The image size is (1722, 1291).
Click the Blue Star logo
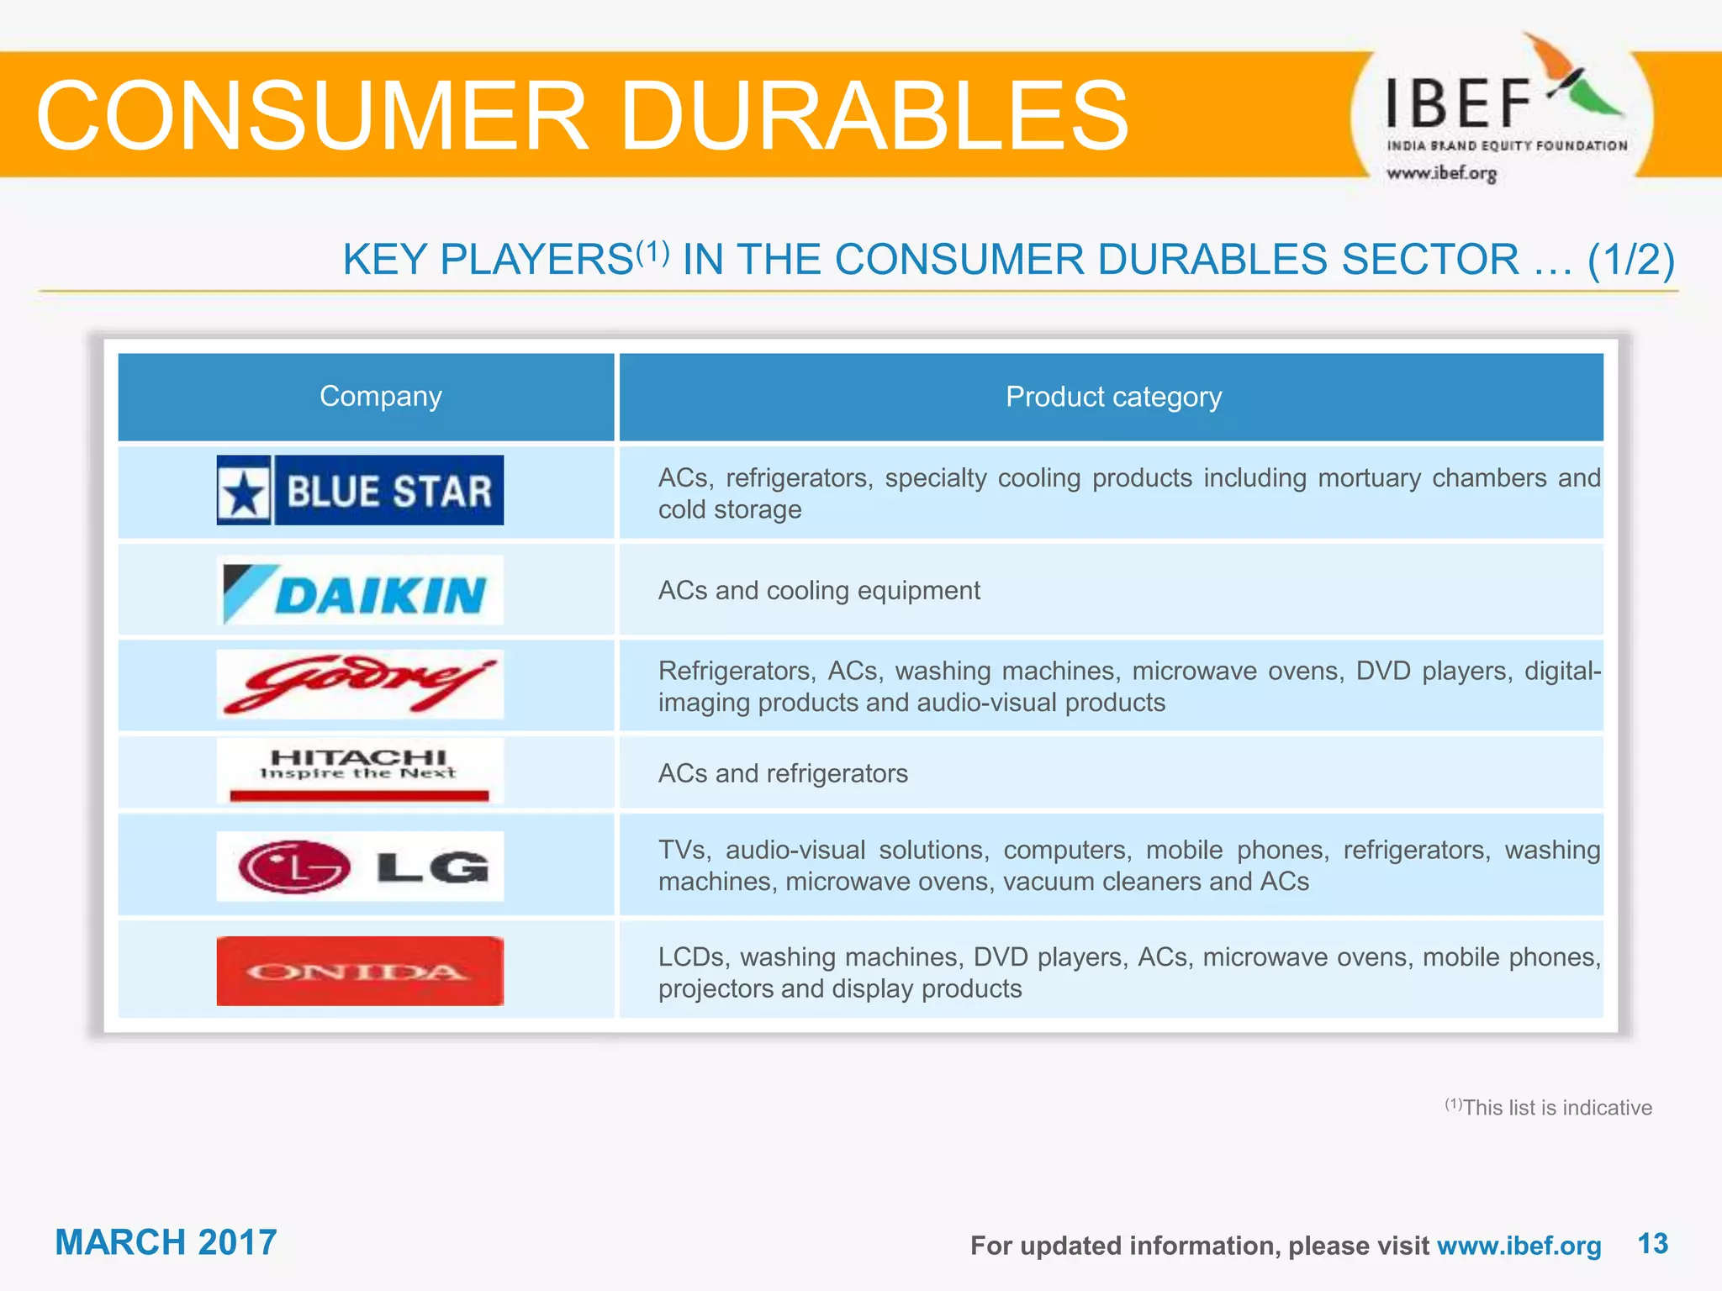[x=360, y=490]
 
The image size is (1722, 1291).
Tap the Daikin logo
[x=360, y=591]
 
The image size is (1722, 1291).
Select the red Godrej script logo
[x=360, y=684]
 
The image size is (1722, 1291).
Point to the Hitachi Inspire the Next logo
[x=360, y=769]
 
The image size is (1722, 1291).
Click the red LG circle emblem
[x=294, y=867]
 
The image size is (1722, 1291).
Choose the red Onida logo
[x=360, y=971]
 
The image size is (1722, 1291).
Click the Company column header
[x=380, y=397]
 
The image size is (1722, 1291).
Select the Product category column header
[x=1113, y=397]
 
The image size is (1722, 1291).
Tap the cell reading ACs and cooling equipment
[x=819, y=591]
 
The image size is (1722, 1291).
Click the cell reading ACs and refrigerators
[x=783, y=773]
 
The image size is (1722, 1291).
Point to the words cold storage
[x=730, y=510]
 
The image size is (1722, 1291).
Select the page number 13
[x=1652, y=1244]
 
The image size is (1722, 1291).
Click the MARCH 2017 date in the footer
[x=166, y=1242]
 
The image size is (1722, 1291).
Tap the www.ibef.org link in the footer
[x=1519, y=1246]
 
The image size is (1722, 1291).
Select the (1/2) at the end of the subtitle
[x=1630, y=260]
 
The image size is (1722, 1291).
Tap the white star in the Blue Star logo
[x=244, y=493]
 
